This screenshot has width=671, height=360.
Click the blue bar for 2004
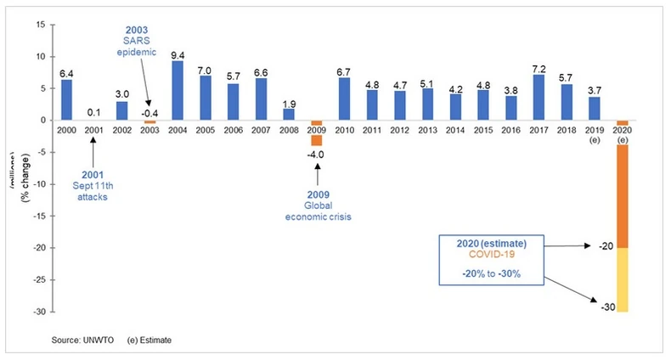[x=177, y=90]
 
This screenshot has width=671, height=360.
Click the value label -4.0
[x=317, y=155]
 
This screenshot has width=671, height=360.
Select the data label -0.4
[x=149, y=112]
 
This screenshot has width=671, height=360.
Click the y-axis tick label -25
[x=40, y=279]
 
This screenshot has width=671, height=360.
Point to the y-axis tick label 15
[x=42, y=25]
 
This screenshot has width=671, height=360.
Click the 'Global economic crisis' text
[x=317, y=210]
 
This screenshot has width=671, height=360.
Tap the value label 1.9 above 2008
[x=289, y=101]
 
